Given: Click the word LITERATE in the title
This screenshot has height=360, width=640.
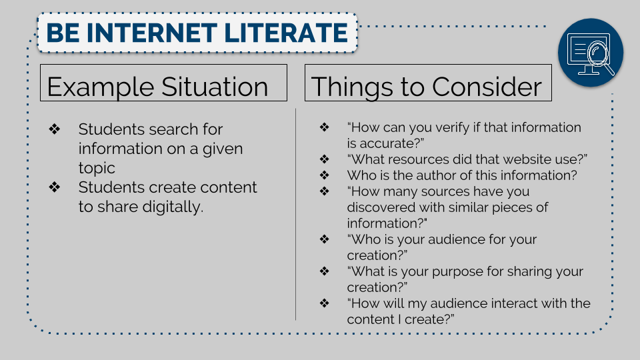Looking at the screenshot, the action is click(x=286, y=33).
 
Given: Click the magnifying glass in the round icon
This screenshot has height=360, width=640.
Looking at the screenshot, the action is click(x=599, y=57).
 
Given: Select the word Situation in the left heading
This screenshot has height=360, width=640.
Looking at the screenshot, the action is click(x=215, y=87).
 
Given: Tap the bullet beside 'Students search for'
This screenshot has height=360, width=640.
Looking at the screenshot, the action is click(x=54, y=129).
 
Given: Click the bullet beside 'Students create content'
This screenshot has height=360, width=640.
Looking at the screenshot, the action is click(x=54, y=187).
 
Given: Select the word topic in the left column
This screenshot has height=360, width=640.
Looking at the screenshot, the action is click(x=97, y=168).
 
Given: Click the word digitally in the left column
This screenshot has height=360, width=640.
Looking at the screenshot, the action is click(x=173, y=207).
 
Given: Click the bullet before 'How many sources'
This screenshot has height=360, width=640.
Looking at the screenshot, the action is click(x=325, y=191).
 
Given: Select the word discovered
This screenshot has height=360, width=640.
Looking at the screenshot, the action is click(x=381, y=207).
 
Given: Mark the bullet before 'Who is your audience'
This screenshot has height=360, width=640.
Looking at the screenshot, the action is click(x=325, y=239).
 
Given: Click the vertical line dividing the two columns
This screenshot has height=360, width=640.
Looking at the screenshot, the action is click(x=295, y=214).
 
